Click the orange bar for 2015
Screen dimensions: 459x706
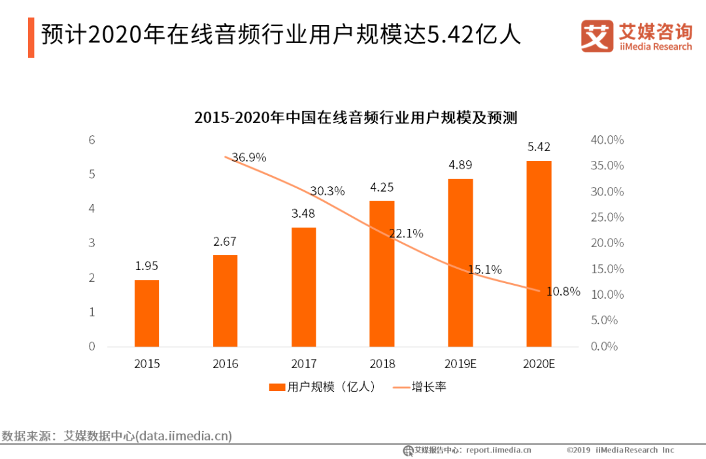coord(146,313)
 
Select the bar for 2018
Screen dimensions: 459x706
coord(382,273)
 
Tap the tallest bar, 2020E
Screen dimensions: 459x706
coord(539,254)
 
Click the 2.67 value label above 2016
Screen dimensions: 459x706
coord(225,242)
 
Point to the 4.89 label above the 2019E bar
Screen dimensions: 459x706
coord(460,165)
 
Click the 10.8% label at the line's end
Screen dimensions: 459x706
coord(563,292)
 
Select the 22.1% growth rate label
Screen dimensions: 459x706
coord(406,233)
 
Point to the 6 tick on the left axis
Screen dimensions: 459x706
coord(92,140)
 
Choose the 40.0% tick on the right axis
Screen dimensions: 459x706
coord(607,140)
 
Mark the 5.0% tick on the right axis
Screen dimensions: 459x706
coord(604,320)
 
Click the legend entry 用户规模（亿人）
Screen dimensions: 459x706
coord(324,386)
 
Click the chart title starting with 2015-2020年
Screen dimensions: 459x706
coord(356,118)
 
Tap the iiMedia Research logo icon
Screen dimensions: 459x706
coord(596,37)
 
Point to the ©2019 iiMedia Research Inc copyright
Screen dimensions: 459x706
coord(620,450)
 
